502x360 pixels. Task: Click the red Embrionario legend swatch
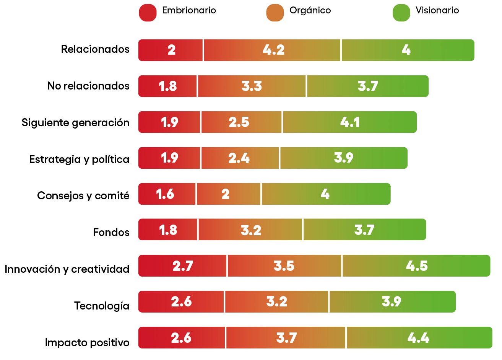148,13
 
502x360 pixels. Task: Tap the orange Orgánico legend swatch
275,13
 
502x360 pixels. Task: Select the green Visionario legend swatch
401,13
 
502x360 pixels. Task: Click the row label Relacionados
95,49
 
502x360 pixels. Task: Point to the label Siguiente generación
75,123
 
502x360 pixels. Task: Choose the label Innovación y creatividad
67,269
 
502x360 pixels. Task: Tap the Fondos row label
111,233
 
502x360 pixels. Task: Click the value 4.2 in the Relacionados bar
273,50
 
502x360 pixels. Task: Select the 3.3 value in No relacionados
252,86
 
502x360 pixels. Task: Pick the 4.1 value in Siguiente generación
350,122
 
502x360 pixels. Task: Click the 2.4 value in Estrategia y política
239,158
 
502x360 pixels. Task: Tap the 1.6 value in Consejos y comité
165,194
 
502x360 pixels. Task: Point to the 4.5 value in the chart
417,266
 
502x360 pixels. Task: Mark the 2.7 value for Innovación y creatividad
183,266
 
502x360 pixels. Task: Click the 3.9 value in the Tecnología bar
391,302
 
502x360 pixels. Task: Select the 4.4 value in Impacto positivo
418,338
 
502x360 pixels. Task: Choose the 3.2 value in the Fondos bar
251,230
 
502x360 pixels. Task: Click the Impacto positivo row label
87,343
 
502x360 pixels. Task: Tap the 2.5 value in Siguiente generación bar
239,122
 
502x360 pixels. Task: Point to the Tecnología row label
102,306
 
